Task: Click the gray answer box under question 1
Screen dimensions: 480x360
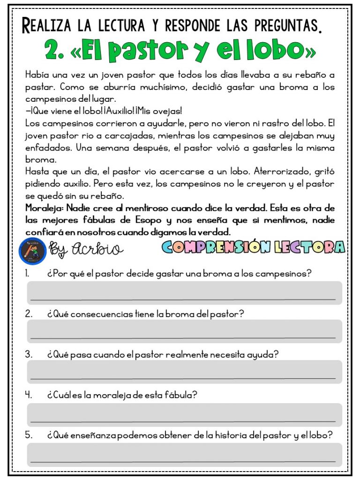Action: coord(184,292)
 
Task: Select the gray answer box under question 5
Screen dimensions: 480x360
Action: coord(184,454)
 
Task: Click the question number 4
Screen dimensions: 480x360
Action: coord(28,395)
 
